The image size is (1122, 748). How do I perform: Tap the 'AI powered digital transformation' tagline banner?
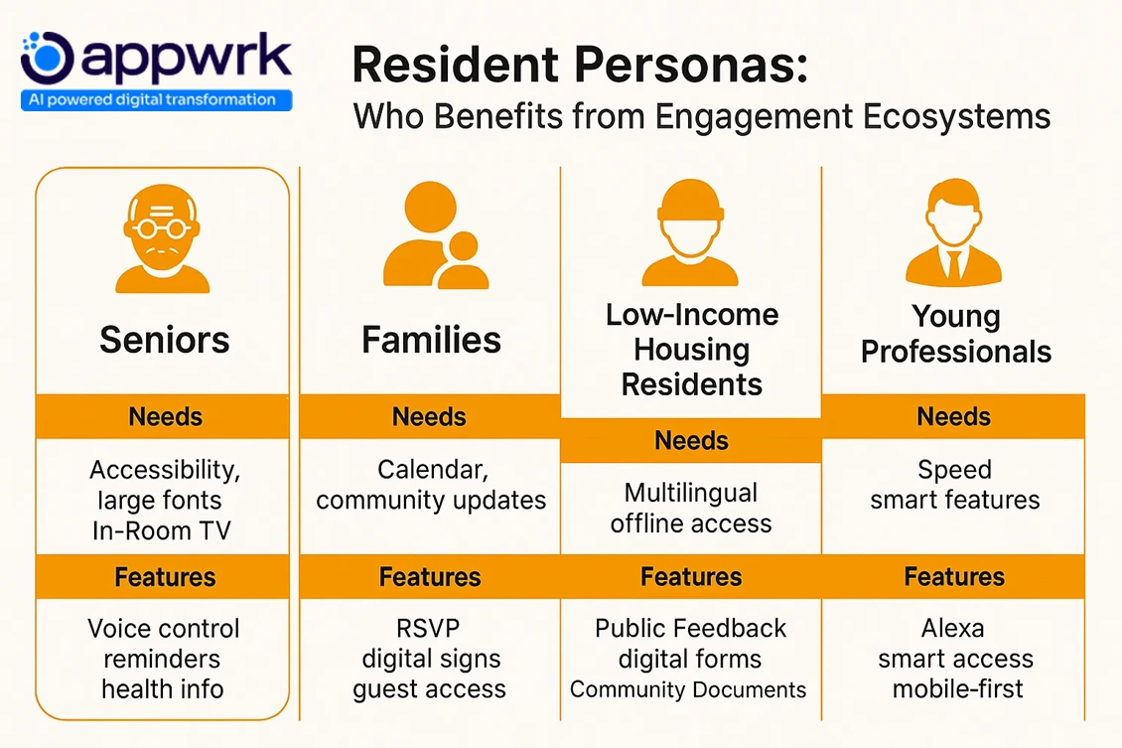tap(156, 99)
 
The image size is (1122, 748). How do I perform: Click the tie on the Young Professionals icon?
tap(953, 262)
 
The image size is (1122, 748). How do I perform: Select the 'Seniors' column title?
tap(164, 341)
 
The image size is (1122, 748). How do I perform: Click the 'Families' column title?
tap(431, 341)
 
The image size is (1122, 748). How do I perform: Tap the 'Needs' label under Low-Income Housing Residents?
tap(691, 440)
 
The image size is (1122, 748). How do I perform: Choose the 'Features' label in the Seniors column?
tap(164, 577)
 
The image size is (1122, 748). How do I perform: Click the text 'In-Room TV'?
tap(162, 530)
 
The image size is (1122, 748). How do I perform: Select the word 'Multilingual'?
tap(691, 493)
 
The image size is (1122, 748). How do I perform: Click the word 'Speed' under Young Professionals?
tap(954, 469)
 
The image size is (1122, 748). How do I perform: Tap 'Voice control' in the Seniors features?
tap(164, 629)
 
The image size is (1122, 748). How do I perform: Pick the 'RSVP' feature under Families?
tap(430, 629)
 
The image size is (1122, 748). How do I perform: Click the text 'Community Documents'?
tap(688, 689)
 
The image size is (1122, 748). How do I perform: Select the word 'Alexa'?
tap(952, 629)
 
